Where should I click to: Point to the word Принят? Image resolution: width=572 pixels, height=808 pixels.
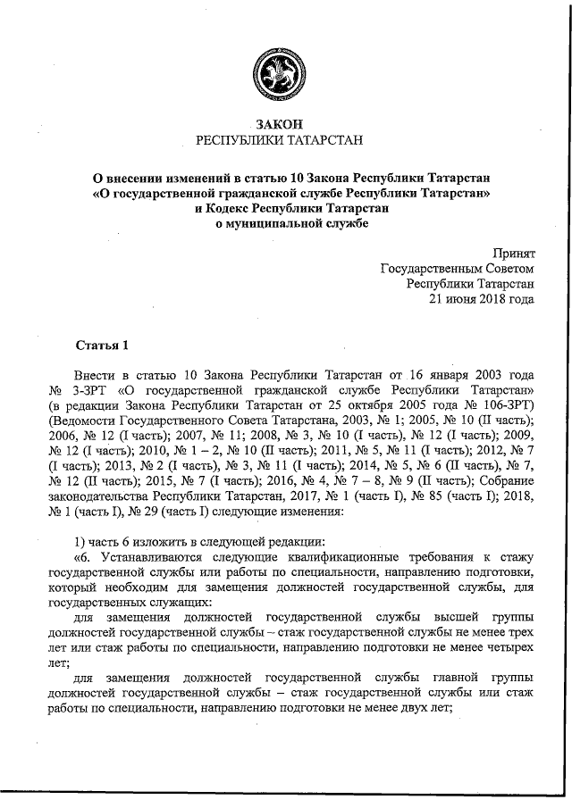(514, 254)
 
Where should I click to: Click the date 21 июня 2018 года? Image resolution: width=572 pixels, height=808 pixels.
(482, 299)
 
